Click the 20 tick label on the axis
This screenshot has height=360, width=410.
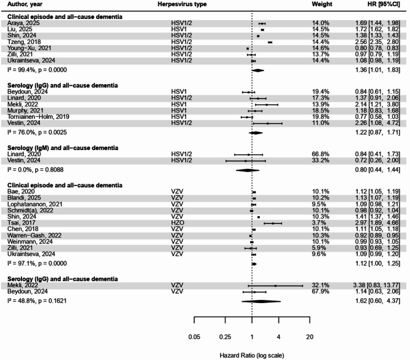(309, 337)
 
